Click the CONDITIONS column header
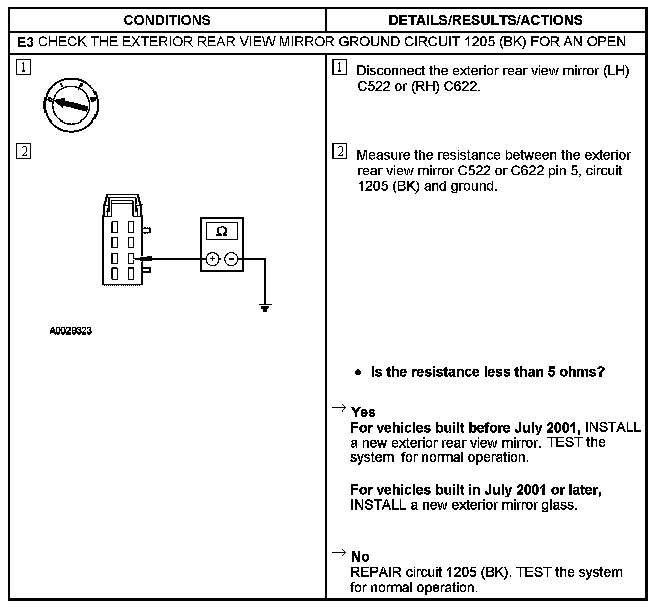167,20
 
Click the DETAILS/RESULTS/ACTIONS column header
485,20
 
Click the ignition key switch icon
70,105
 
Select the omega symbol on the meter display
222,231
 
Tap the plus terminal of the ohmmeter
213,259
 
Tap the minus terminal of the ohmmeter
231,259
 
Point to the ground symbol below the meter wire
265,307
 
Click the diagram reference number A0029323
71,331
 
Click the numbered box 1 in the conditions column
23,67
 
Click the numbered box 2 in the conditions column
23,151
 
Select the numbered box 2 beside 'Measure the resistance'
339,151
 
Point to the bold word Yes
363,412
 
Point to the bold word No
360,557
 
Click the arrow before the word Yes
339,409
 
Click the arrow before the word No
339,552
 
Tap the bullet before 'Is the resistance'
358,373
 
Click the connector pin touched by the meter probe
131,258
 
